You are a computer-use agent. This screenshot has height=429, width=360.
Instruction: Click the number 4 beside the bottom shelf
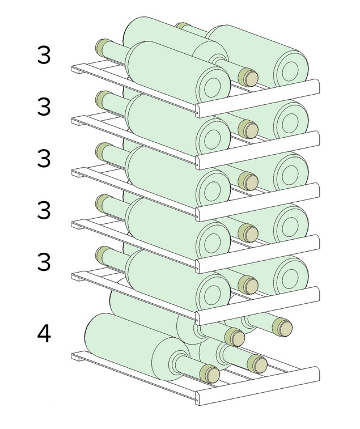coord(44,334)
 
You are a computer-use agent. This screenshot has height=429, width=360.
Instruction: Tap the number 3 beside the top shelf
coord(44,55)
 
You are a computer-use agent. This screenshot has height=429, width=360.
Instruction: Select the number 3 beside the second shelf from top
coord(44,107)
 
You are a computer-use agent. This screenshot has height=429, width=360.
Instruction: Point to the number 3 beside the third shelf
coord(44,158)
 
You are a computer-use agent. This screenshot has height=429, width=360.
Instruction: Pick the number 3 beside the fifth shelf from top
coord(44,262)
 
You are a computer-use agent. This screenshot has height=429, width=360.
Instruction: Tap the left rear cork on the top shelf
coord(103,48)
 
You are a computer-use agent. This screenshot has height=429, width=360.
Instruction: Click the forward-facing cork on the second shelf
coord(248,129)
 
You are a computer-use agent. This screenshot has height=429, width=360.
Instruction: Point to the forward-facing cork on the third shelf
coord(248,181)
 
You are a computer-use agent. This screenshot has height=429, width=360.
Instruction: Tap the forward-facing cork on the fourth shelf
coord(248,233)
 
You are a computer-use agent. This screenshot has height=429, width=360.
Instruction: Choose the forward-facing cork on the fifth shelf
coord(248,284)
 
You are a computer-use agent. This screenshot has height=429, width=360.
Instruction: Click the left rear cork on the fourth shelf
coord(103,203)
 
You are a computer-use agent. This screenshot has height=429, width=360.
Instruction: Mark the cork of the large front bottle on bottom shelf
coord(209,373)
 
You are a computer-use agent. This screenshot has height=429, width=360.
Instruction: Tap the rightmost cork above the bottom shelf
coord(282,326)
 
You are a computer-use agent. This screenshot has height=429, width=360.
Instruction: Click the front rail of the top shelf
coord(257,99)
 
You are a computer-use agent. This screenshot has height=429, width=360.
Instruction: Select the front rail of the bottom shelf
coord(257,386)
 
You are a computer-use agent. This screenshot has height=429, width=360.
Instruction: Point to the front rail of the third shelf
coord(257,202)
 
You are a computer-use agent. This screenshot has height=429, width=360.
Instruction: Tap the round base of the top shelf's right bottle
coord(291,67)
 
